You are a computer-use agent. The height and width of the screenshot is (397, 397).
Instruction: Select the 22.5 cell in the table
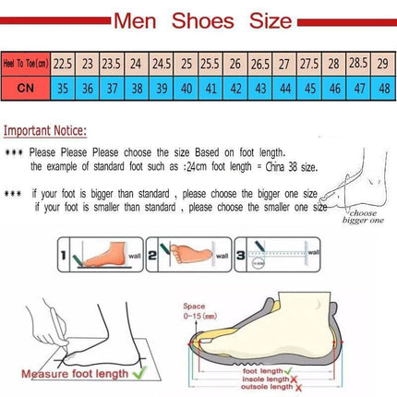63,65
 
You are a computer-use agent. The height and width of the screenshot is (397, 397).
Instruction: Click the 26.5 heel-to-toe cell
259,65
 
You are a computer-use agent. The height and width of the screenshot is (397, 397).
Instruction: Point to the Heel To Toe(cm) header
26,65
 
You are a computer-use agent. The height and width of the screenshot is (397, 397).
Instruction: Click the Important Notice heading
46,130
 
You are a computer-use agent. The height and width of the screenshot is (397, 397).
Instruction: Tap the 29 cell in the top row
382,65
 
